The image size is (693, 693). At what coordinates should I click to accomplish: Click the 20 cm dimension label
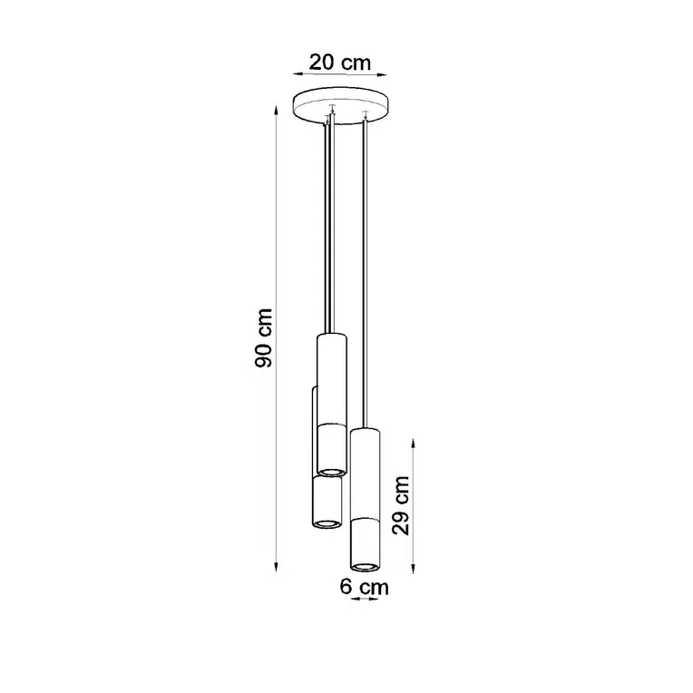point(340,63)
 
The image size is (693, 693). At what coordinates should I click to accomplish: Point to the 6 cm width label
point(364,587)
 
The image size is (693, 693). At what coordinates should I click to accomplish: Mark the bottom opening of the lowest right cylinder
point(364,567)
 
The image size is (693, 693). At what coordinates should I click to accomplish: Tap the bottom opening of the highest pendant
point(332,470)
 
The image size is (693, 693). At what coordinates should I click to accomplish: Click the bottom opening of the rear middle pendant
point(327,522)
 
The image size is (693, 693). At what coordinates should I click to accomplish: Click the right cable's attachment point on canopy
point(364,115)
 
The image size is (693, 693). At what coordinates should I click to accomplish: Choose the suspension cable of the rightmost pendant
point(364,272)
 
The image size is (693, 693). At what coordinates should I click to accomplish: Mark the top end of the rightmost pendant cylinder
point(364,428)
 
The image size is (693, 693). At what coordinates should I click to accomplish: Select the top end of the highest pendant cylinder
point(332,335)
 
